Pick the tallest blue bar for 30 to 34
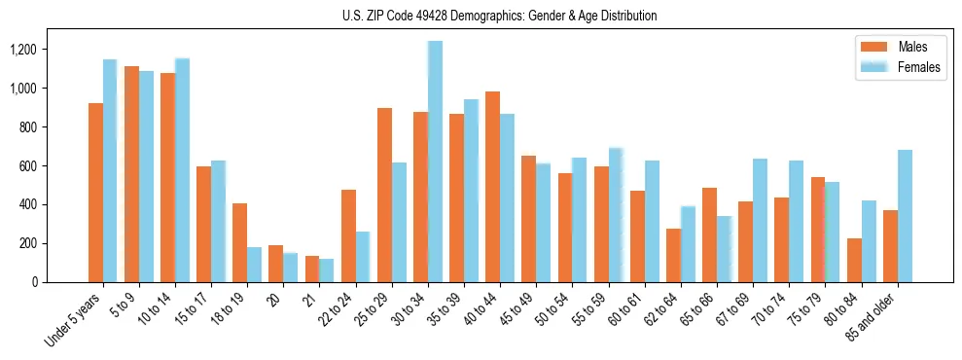coord(435,162)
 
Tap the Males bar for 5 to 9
coord(131,174)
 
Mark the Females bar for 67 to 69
coord(760,220)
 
